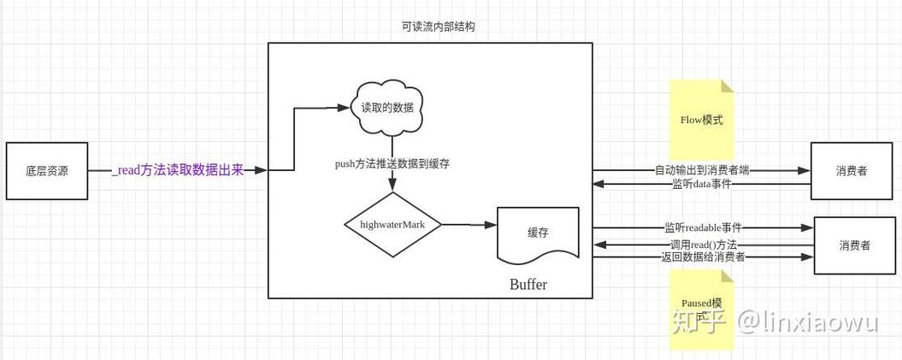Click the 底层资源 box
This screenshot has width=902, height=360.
click(x=47, y=171)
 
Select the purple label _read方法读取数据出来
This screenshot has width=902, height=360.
click(x=178, y=170)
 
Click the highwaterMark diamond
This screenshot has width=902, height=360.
click(x=392, y=225)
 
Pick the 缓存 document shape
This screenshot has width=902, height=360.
click(x=538, y=233)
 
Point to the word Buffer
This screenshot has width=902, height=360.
click(x=528, y=285)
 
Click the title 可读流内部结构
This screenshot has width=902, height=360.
click(x=438, y=27)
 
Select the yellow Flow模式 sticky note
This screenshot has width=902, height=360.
click(x=701, y=120)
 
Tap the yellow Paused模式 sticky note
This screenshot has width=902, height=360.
click(x=701, y=310)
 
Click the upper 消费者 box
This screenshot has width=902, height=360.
click(x=852, y=171)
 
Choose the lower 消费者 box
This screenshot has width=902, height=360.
click(x=854, y=245)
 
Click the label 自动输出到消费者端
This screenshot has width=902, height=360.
click(x=702, y=170)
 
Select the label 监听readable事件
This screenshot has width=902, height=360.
click(x=703, y=227)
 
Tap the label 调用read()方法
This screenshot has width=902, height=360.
click(x=703, y=245)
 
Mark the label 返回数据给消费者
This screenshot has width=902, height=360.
click(x=703, y=257)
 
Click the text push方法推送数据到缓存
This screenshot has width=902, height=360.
click(x=392, y=163)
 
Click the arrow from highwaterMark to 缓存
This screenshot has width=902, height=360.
click(x=469, y=225)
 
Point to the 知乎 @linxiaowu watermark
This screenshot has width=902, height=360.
click(x=774, y=322)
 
